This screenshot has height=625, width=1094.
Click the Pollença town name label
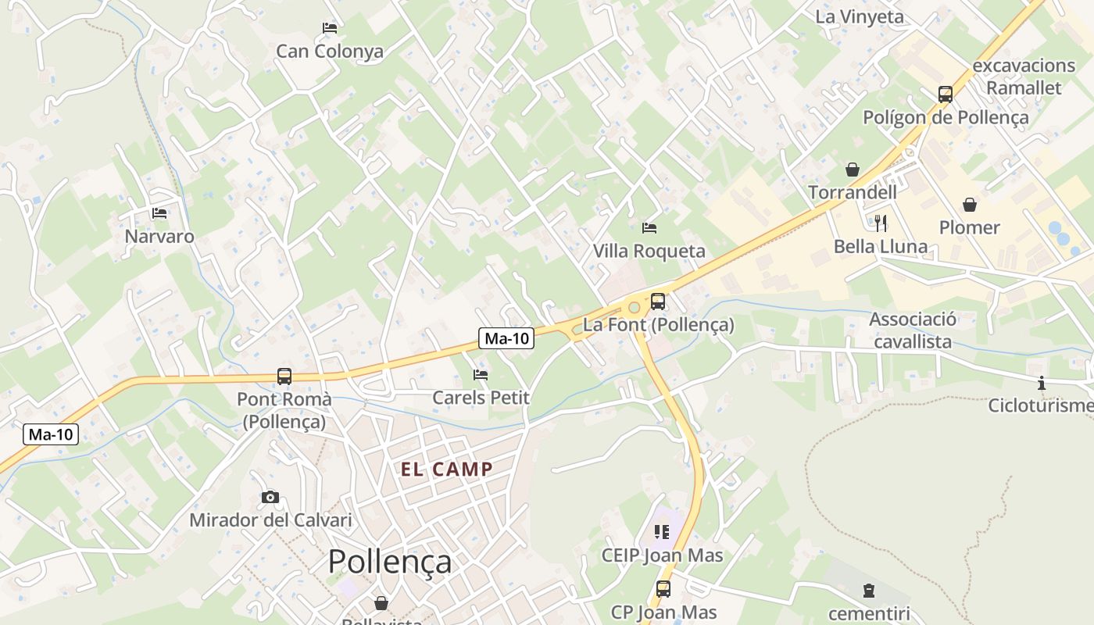(x=389, y=562)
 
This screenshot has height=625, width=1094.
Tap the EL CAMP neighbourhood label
(x=446, y=470)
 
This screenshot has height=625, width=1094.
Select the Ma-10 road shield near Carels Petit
(x=506, y=338)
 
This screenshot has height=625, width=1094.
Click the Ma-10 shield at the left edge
(x=52, y=434)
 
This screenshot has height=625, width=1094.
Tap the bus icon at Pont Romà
(x=284, y=377)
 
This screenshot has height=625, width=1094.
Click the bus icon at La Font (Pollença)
(x=658, y=302)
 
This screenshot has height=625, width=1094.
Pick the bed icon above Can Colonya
(x=330, y=28)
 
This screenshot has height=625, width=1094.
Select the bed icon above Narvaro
(x=159, y=212)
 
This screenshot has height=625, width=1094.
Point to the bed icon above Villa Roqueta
(x=649, y=228)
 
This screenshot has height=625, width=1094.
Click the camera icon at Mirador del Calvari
(x=270, y=497)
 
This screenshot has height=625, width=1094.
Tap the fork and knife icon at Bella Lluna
(x=881, y=223)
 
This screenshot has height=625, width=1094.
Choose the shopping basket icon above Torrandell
(x=852, y=170)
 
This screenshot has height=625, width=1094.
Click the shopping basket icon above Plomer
(x=969, y=205)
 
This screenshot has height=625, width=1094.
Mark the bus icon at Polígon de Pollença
(x=946, y=95)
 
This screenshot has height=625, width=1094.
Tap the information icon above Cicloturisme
(x=1041, y=383)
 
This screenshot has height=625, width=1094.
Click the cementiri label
(x=869, y=613)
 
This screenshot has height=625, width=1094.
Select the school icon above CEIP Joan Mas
(x=662, y=532)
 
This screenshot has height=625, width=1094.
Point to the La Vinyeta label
(x=860, y=16)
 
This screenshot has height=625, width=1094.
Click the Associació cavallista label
(x=913, y=330)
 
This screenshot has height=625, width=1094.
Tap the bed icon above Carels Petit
(x=481, y=375)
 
